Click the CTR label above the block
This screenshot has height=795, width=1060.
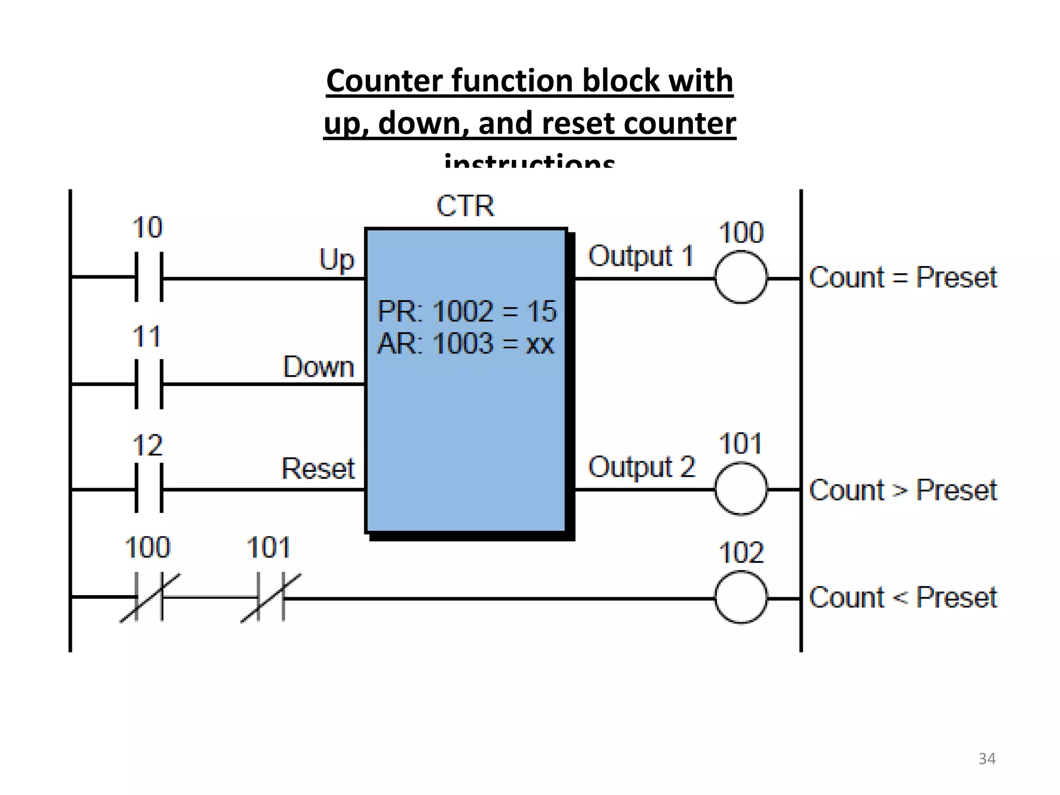click(x=465, y=206)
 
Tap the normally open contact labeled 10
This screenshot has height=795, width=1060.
click(x=149, y=277)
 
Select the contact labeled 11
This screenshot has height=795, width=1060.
click(x=149, y=384)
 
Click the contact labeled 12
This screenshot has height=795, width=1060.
click(x=149, y=489)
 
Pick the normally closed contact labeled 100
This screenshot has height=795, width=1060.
click(x=149, y=597)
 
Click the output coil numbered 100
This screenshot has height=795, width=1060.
click(x=741, y=277)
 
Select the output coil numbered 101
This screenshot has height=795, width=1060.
click(x=741, y=489)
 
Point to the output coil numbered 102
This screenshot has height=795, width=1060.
click(x=741, y=597)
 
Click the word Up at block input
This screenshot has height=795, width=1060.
click(x=336, y=259)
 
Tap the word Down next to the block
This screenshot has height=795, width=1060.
click(x=318, y=367)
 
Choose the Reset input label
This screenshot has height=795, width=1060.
click(x=318, y=468)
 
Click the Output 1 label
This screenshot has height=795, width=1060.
click(x=641, y=256)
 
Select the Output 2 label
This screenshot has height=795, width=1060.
click(x=641, y=467)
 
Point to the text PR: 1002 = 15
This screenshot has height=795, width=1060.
click(x=466, y=312)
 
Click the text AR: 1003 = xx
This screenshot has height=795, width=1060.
click(x=465, y=344)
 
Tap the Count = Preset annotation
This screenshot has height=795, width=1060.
click(x=903, y=277)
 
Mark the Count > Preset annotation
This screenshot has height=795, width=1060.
click(x=903, y=490)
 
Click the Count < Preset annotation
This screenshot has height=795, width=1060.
click(x=903, y=598)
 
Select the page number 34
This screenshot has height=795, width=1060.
click(x=987, y=759)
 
